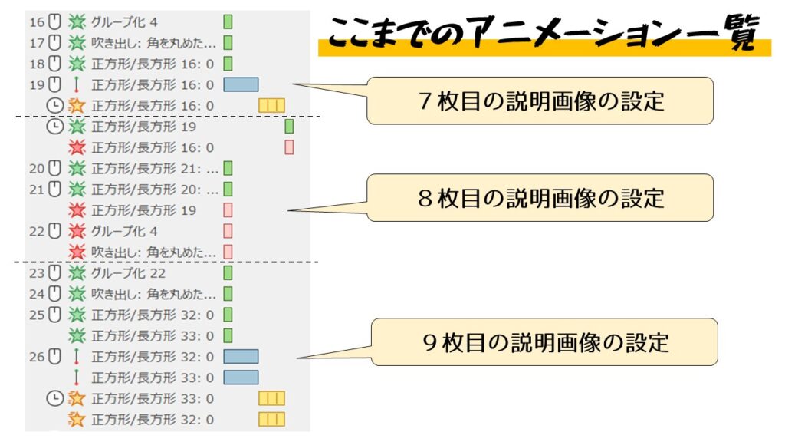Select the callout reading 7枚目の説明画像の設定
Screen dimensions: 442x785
point(540,101)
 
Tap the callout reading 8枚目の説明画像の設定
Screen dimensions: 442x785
point(540,198)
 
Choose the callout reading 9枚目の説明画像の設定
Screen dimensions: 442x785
point(544,342)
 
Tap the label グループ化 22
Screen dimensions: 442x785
point(129,273)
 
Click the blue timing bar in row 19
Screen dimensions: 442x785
point(241,84)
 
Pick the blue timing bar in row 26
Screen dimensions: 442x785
point(241,357)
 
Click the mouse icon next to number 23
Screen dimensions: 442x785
point(54,273)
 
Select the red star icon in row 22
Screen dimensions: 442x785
point(76,231)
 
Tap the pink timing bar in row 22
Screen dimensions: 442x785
point(228,231)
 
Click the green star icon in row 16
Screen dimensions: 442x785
point(76,22)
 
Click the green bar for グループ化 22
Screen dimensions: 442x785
point(228,273)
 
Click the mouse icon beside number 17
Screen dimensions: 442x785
point(54,43)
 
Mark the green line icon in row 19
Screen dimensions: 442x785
point(76,84)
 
